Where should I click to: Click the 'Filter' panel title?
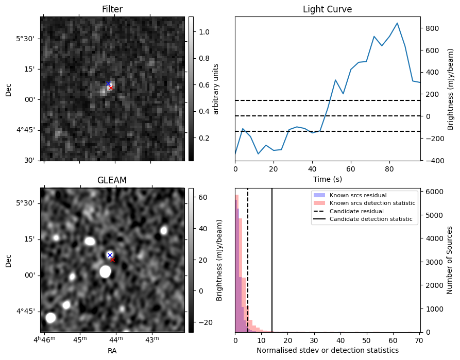(112, 9)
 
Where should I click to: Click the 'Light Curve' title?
(327, 9)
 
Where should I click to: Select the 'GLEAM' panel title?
(112, 180)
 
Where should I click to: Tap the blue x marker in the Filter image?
(109, 83)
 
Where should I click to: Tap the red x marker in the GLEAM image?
(112, 260)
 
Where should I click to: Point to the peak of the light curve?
(397, 23)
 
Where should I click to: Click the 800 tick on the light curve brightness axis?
(431, 29)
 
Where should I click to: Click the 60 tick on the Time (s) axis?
(351, 168)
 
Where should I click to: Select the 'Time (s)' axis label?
(327, 179)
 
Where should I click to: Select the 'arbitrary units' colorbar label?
(216, 89)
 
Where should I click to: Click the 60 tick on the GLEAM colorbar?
(202, 197)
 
